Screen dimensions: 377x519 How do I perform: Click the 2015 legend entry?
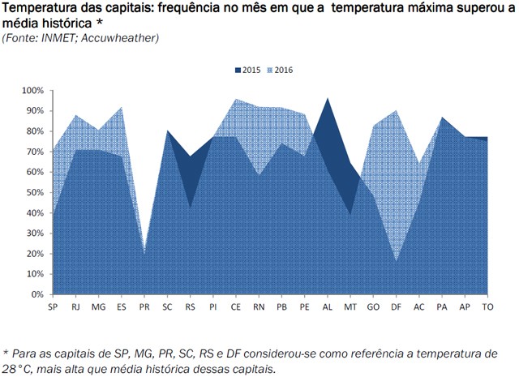coord(247,71)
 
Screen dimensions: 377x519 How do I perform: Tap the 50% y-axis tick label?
coord(32,192)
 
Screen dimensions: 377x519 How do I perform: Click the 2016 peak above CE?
coord(236,100)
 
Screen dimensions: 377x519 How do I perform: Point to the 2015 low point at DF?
coord(396,260)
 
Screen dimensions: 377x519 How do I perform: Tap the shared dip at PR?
coord(144,252)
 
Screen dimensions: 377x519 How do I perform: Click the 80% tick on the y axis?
coord(32,131)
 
